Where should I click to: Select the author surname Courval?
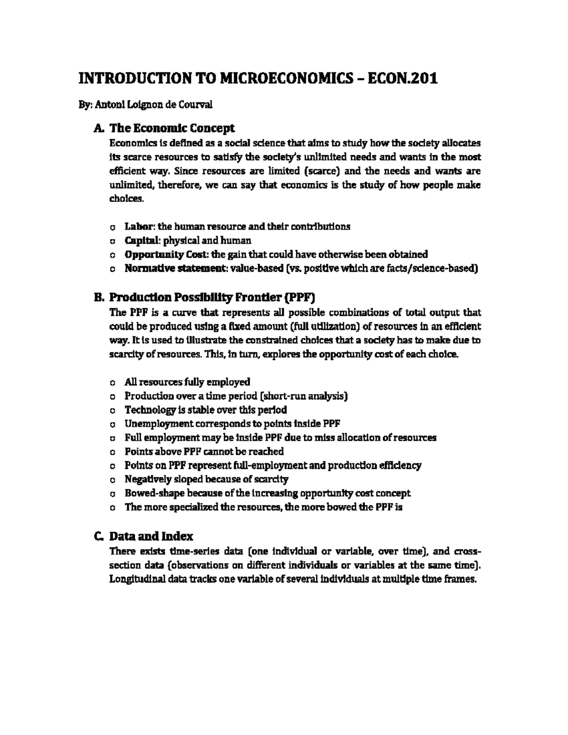coord(194,105)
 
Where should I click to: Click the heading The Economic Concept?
coord(172,128)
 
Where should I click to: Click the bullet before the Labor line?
coord(112,227)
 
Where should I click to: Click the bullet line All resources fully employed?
coord(187,382)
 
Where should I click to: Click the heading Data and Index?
coord(151,537)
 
